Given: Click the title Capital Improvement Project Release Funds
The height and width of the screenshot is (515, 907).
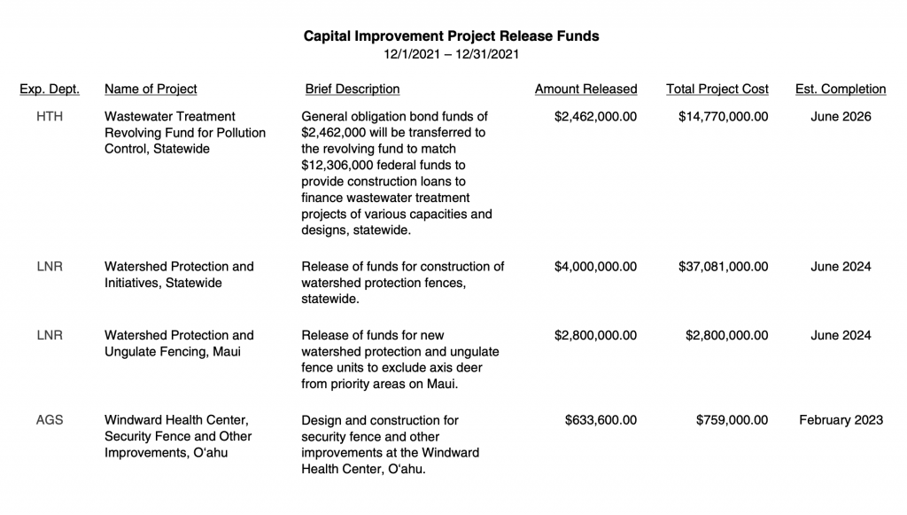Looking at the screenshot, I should pos(452,36).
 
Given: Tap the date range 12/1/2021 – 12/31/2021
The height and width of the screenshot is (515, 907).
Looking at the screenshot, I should pos(452,54).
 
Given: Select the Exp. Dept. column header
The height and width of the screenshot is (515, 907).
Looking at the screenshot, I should pos(50,89).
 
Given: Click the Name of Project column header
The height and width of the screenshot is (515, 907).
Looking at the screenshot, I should pos(151,89).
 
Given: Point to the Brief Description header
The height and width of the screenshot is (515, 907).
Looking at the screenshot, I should pos(352,89).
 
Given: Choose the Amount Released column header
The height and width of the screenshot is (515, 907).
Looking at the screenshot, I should pos(585,89).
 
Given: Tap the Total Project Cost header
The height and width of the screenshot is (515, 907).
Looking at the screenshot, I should pos(717,89).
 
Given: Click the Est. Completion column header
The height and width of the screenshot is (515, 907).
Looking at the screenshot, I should pos(841,89).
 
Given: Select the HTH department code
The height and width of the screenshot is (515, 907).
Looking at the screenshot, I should pos(50,116).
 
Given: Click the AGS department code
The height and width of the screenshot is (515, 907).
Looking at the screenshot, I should pos(50,419).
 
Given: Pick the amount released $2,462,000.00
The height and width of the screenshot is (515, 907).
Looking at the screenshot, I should pos(595,116).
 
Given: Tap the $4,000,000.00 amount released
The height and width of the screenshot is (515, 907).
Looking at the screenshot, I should pos(595,266).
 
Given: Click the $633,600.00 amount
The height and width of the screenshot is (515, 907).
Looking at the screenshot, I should pos(601,419).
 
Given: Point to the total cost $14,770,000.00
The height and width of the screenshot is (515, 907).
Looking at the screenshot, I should pos(723,116).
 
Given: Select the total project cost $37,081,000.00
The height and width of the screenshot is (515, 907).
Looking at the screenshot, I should pos(723,266).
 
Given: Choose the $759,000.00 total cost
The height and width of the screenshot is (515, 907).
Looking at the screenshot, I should pos(732,419).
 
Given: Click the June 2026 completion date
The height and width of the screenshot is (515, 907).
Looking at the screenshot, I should pos(841,116).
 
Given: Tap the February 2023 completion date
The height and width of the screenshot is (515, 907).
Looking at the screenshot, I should pos(841,419).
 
